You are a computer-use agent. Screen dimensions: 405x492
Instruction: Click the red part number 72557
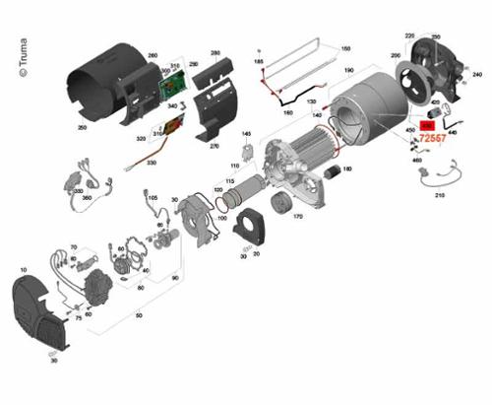[433, 139]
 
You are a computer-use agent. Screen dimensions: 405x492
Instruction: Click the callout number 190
[347, 72]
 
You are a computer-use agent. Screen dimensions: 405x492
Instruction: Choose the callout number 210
[439, 197]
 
